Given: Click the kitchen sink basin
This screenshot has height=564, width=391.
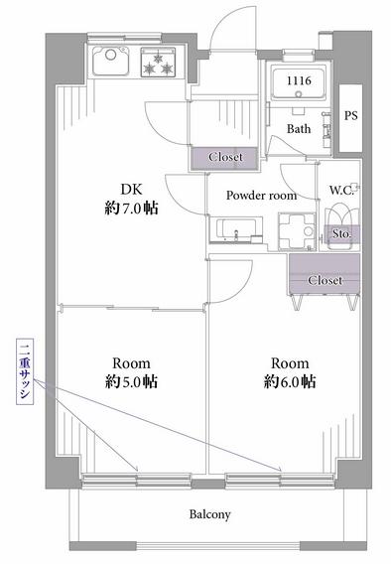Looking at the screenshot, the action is click(111, 62).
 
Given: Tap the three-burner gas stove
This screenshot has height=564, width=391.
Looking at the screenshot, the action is click(158, 62).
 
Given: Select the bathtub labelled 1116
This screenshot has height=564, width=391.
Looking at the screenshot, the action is click(299, 83).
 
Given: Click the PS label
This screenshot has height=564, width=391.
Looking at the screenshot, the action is click(350, 115).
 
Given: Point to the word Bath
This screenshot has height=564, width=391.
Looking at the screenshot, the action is click(299, 129).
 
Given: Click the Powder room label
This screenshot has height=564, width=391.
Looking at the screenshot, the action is click(262, 196).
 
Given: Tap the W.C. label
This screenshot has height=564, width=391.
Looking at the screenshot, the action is click(341, 190).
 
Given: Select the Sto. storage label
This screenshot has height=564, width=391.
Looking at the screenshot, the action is click(341, 233).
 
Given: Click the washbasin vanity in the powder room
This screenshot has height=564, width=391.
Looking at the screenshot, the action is click(236, 230).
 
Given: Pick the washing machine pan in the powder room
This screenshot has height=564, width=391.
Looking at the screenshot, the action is click(297, 231).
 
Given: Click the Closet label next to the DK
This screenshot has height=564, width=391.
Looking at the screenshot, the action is click(225, 157).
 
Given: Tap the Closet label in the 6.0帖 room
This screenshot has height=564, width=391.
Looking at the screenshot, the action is click(325, 280).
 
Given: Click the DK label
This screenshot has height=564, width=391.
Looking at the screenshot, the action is click(132, 190).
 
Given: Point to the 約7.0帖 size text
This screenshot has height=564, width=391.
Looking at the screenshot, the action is click(132, 208).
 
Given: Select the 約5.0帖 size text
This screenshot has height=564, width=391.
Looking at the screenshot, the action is click(132, 381).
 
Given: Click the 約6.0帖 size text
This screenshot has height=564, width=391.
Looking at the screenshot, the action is click(290, 381).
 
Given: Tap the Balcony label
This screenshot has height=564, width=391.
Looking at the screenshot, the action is click(209, 514).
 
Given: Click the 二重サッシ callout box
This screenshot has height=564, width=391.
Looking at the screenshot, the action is click(25, 371).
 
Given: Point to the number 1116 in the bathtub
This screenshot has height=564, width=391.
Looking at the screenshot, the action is click(299, 80).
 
